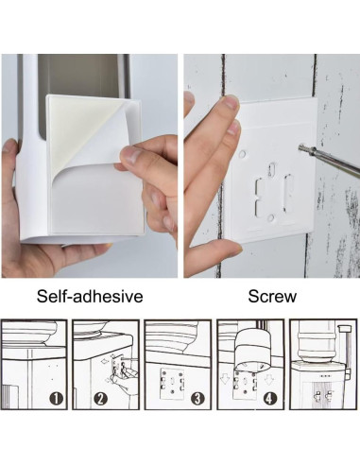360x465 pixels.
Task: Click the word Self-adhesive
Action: click(x=90, y=297)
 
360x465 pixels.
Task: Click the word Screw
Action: click(x=272, y=297)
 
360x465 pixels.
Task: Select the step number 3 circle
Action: click(x=196, y=398)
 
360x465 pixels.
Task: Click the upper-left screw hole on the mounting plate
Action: click(x=243, y=150)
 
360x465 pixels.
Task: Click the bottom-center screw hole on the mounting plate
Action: click(x=270, y=217)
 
